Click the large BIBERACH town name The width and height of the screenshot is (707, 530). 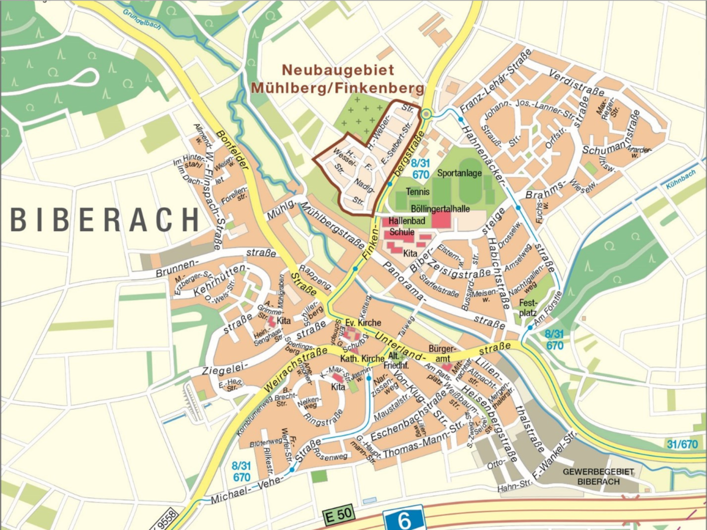[105, 220]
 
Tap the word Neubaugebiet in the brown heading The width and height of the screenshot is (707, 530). [338, 70]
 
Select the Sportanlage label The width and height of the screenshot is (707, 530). [459, 173]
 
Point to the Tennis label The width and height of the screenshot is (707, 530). [418, 192]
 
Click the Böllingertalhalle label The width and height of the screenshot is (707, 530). [440, 209]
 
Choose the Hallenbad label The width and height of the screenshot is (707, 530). [407, 221]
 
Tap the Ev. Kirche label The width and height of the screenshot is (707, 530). [363, 322]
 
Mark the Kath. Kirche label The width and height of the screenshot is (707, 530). [362, 359]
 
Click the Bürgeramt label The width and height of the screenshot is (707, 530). [442, 353]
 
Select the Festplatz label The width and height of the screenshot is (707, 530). [528, 308]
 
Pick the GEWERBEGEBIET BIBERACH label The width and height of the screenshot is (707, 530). [598, 477]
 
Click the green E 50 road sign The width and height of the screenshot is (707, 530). [339, 515]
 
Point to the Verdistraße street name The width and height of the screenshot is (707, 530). [576, 83]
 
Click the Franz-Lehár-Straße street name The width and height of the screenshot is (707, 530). [496, 81]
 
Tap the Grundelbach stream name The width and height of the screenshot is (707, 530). [142, 19]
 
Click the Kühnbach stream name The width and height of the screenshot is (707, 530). [681, 179]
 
